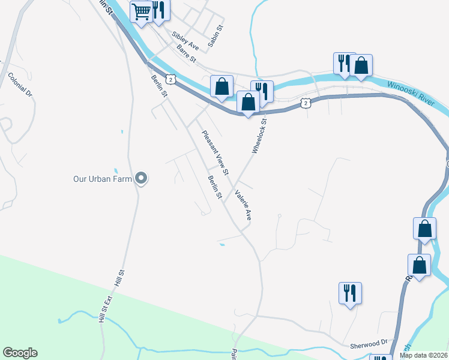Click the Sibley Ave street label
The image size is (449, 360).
click(x=185, y=40)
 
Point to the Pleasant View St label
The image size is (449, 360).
click(x=215, y=153)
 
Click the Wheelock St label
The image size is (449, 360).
click(x=259, y=136)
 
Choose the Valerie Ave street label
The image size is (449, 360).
click(x=243, y=205)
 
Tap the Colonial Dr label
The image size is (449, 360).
click(x=20, y=85)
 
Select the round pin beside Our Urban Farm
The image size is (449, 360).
click(x=141, y=178)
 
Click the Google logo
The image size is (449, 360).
click(x=20, y=353)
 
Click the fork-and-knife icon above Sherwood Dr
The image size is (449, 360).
click(x=349, y=293)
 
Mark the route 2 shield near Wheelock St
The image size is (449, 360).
click(x=306, y=103)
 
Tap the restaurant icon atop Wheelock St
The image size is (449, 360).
click(x=262, y=91)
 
